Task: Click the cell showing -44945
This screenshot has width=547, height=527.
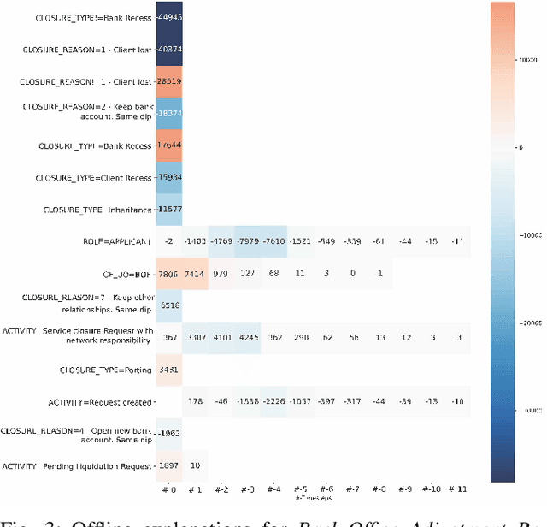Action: [168, 17]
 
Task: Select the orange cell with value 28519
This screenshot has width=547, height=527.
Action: [168, 81]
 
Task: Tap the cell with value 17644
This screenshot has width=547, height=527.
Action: [168, 145]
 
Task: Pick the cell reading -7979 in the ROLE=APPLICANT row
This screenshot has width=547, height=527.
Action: [274, 242]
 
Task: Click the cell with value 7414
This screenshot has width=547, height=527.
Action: [195, 274]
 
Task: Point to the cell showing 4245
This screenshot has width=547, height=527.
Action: [274, 337]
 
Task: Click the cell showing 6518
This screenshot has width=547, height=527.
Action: [168, 305]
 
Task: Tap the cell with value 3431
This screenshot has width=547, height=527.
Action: [168, 370]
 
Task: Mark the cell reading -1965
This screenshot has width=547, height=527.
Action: [168, 434]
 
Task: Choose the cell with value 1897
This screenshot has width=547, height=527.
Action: [168, 465]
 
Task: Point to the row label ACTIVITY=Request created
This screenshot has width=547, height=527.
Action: [102, 401]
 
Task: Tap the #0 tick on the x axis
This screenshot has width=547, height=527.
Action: [168, 489]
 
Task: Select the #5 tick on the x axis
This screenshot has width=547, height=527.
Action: [300, 490]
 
